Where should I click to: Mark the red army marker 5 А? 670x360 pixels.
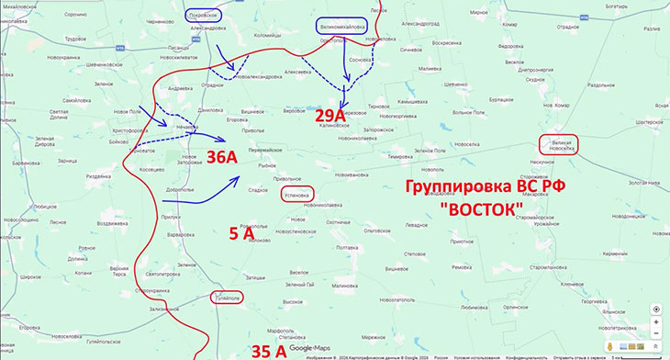(240, 234)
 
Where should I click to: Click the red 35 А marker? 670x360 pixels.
(268, 350)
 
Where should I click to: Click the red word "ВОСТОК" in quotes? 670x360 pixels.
(481, 209)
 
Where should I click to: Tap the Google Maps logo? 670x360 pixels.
(310, 349)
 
